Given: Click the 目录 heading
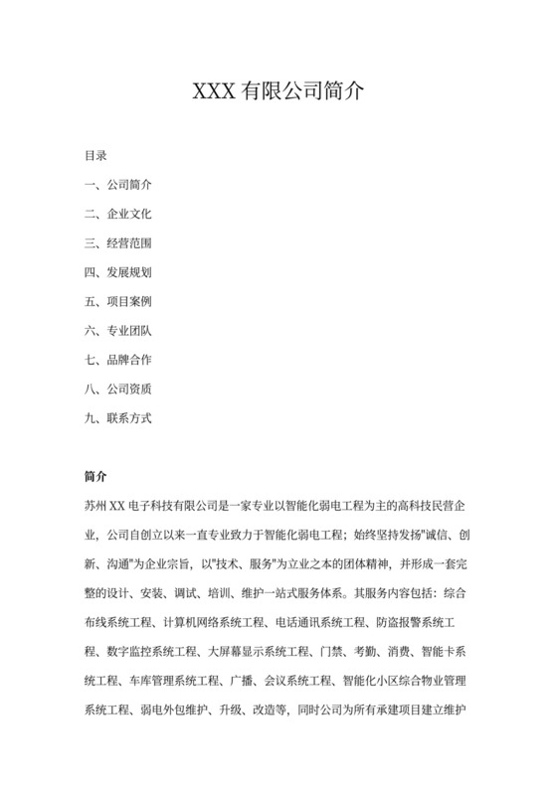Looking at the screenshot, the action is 96,156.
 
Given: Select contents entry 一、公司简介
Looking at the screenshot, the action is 118,185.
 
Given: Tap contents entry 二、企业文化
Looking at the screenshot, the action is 118,214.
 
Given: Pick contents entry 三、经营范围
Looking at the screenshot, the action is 118,242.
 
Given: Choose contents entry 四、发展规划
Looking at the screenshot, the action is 118,271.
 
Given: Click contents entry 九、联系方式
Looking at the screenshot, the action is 118,417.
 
